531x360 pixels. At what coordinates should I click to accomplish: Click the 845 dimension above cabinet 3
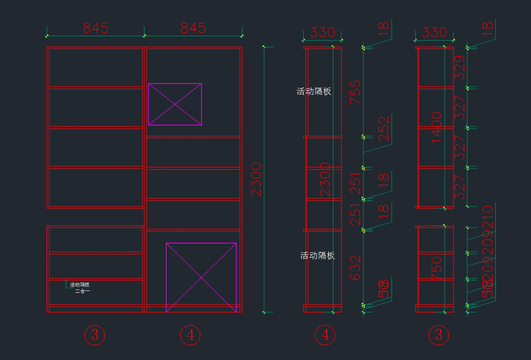pos(96,28)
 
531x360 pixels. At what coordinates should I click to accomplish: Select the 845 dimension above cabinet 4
pos(193,28)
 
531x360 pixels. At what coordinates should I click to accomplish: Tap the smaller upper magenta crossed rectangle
pos(175,104)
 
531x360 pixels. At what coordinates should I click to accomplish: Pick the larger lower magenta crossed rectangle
pos(201,278)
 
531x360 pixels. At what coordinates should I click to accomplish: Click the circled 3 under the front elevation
pos(95,335)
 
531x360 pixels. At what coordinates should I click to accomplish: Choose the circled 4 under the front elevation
pos(190,335)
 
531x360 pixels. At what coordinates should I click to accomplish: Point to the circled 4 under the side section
pos(325,335)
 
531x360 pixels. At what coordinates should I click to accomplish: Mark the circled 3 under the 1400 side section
pos(439,335)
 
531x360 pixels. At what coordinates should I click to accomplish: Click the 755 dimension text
pos(356,92)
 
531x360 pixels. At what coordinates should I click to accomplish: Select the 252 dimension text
pos(384,128)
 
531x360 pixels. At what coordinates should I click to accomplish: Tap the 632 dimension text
pos(356,267)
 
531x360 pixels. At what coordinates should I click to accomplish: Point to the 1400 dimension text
pos(437,127)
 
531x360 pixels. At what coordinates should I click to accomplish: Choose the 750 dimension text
pos(437,268)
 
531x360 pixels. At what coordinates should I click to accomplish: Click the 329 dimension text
pos(460,67)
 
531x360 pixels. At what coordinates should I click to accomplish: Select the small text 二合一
pos(82,291)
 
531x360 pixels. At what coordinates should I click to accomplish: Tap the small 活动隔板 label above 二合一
pos(80,285)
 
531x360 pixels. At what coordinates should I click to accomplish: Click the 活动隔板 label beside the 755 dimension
pos(314,92)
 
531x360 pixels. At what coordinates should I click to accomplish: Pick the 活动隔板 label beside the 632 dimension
pos(318,255)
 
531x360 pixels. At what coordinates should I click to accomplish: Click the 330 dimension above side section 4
pos(323,32)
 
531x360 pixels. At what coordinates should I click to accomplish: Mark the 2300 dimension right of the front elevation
pos(257,179)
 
